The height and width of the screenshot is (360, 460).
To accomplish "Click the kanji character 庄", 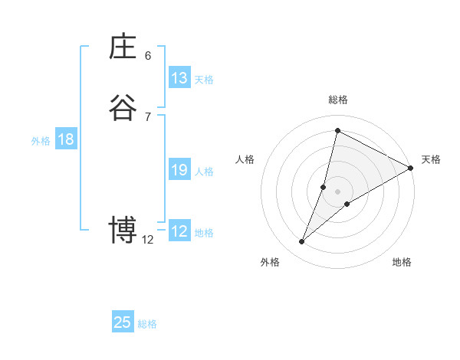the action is (x=123, y=47).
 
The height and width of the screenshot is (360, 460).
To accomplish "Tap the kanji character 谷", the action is (x=123, y=108).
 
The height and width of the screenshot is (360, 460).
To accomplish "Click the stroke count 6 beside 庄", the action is (x=148, y=56).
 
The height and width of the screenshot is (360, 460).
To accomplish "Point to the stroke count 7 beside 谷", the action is (x=148, y=116).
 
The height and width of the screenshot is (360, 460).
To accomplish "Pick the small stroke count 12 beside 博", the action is (x=148, y=240).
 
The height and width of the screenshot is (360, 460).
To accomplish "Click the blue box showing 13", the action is (x=179, y=78).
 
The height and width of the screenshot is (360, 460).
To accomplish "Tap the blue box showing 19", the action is (x=179, y=170).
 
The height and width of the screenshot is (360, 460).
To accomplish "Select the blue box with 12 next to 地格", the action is (x=179, y=231).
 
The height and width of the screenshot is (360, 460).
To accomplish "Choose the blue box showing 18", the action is (x=66, y=139).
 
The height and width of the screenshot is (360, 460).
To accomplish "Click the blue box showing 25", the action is (x=123, y=322).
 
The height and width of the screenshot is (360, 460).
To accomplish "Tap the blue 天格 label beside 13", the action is (x=204, y=80).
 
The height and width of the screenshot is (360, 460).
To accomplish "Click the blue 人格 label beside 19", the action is (x=204, y=172).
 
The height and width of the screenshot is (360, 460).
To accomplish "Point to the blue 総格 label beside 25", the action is (x=147, y=324).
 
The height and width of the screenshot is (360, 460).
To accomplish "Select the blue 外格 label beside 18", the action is (x=41, y=141).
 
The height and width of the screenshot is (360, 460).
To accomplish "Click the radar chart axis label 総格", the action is (x=338, y=100).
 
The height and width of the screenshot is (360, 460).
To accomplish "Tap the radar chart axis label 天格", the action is (x=431, y=159).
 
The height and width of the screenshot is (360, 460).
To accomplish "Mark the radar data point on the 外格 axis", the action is (x=302, y=242).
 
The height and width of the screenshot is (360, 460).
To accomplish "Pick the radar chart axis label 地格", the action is (x=402, y=262).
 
